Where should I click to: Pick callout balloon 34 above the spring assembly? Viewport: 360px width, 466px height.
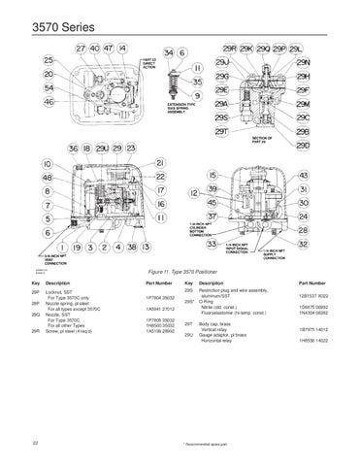172,50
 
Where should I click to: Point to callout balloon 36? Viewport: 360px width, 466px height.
75,148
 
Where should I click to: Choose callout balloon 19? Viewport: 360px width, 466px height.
74,248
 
